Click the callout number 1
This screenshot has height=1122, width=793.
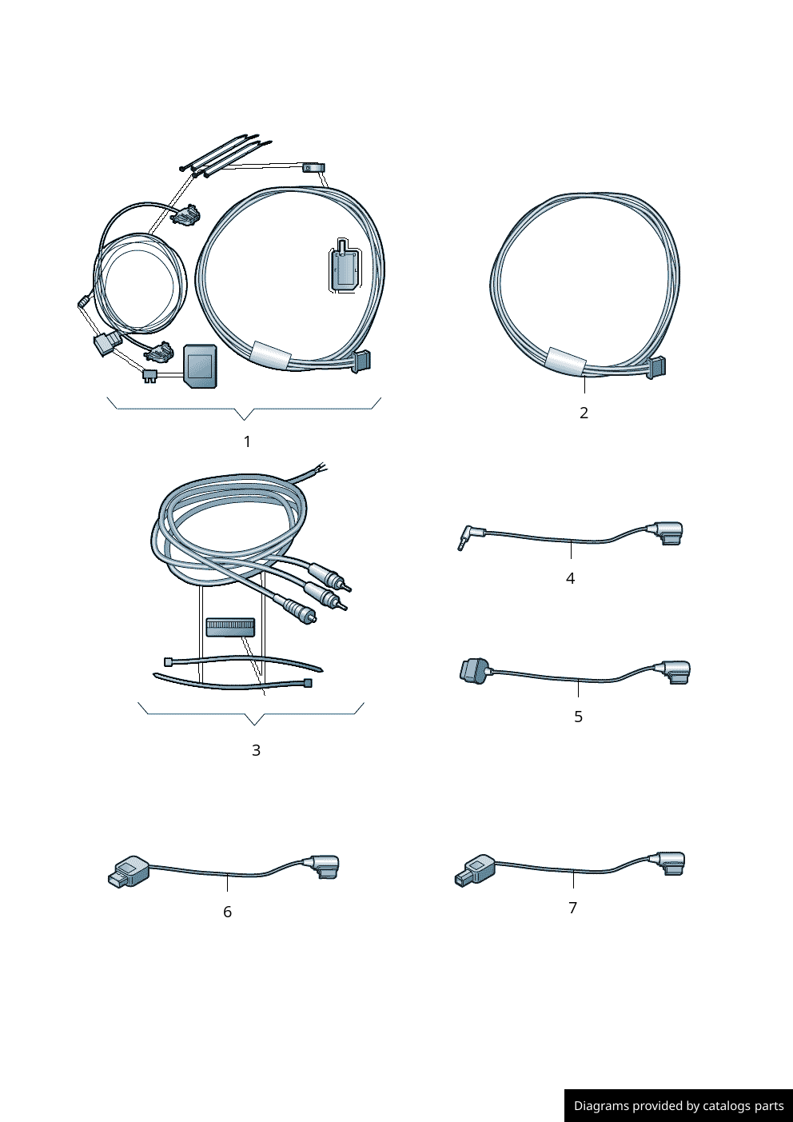click(x=247, y=441)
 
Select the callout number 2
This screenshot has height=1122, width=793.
click(x=584, y=413)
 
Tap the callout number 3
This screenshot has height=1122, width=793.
click(x=256, y=750)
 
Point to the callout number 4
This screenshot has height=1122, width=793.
click(x=570, y=578)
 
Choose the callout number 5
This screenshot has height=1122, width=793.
click(x=578, y=717)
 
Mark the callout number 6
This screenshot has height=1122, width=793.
click(x=227, y=912)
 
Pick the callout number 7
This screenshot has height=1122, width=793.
click(x=572, y=908)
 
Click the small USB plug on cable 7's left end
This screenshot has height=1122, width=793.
click(x=473, y=869)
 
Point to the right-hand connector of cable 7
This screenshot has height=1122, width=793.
click(x=670, y=864)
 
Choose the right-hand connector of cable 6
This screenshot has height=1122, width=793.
click(x=324, y=867)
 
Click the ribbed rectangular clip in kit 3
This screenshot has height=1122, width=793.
click(x=230, y=626)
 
